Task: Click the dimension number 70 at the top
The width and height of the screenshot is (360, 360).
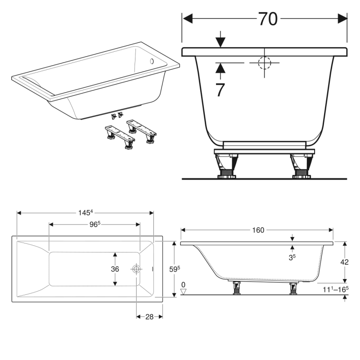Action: click(x=267, y=19)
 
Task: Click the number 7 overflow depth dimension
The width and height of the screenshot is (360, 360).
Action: click(x=220, y=90)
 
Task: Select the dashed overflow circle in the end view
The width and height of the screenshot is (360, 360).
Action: click(x=264, y=63)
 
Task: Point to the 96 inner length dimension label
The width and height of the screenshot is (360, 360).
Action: click(x=94, y=224)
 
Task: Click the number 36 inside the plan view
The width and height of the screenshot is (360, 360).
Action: click(x=115, y=269)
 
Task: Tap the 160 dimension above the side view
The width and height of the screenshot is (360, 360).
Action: click(x=257, y=230)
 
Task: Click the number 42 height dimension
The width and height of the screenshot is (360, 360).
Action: click(x=344, y=261)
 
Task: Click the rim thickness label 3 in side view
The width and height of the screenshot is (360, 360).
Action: click(x=292, y=257)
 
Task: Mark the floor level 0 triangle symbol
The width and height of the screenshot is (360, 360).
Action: click(x=183, y=292)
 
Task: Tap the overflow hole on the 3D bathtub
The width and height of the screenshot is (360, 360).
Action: click(x=151, y=61)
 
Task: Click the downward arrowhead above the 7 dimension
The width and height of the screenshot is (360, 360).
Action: click(x=220, y=43)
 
